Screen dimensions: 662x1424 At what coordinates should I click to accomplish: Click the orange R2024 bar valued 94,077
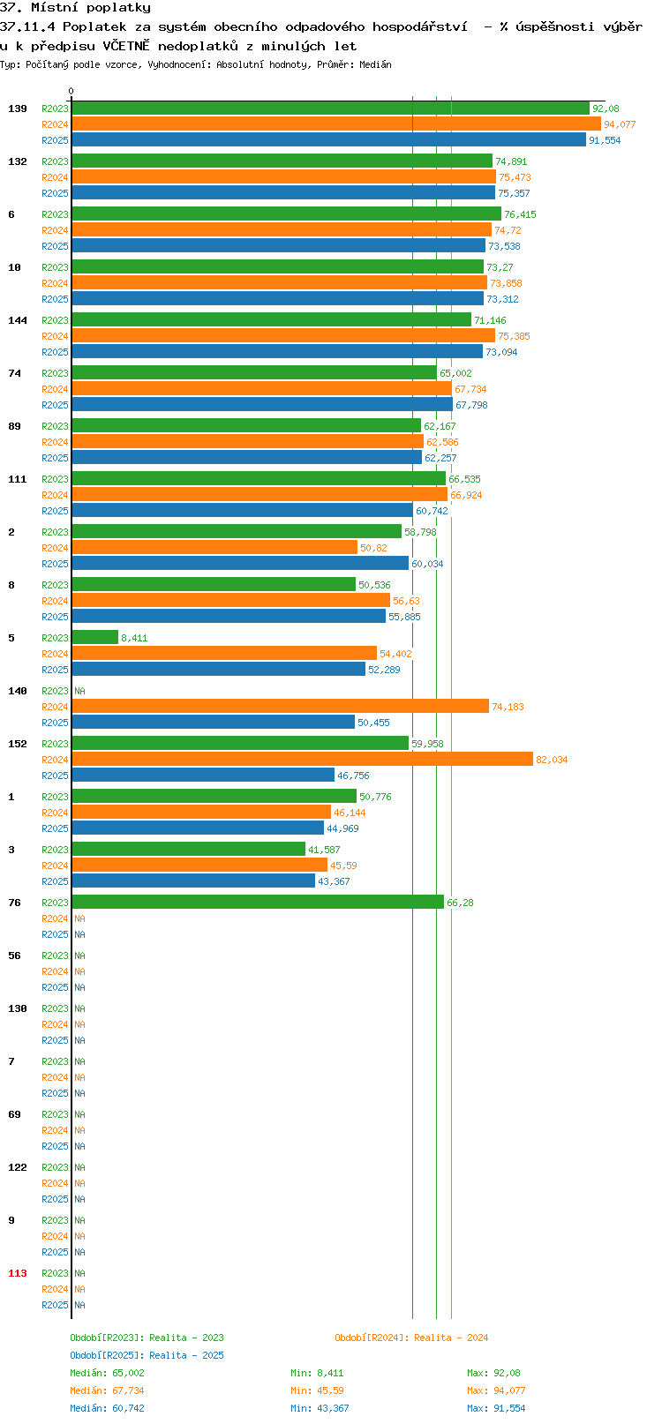tap(336, 124)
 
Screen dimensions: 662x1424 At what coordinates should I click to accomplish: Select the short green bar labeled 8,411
tap(94, 637)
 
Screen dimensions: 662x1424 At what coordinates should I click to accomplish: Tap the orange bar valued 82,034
tap(302, 759)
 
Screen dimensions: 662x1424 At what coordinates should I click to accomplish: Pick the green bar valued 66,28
tap(258, 902)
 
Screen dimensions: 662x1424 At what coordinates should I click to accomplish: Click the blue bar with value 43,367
tap(193, 881)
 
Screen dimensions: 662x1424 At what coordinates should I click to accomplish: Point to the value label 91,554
tap(605, 140)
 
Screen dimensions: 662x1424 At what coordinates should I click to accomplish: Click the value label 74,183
tap(508, 707)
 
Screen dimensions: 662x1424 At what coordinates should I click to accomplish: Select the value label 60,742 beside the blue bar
tap(432, 511)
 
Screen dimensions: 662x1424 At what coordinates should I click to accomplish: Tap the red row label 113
tap(17, 1273)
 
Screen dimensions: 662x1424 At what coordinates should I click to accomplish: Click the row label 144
tap(17, 320)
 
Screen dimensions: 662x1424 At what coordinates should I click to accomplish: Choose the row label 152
tap(17, 744)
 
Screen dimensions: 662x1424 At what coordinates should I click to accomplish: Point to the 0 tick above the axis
tap(71, 91)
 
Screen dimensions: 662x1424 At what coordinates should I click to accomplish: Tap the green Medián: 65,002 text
tap(107, 1373)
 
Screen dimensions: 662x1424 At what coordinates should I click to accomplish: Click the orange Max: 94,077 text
tap(496, 1391)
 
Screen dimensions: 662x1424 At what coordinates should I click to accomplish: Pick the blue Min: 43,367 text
tap(320, 1409)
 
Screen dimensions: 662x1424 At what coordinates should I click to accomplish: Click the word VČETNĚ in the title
tap(126, 46)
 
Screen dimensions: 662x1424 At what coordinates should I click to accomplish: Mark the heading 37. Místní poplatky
tap(75, 8)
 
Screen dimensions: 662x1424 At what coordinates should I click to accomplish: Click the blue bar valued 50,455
tap(213, 722)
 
